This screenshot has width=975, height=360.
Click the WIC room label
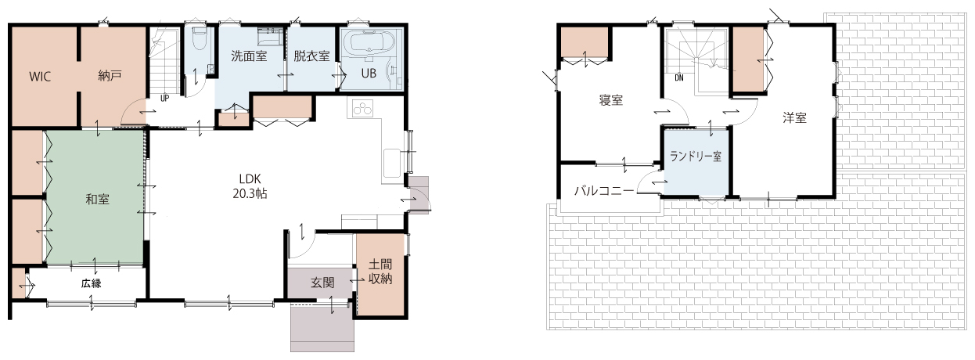(40, 77)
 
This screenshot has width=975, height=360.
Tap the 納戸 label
(110, 76)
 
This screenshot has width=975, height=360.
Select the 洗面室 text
(249, 56)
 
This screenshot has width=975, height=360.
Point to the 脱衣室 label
(311, 56)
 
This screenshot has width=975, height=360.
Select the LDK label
(250, 178)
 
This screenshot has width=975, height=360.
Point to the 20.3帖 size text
(250, 194)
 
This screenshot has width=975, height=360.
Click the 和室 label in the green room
(98, 200)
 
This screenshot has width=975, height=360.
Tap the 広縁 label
(92, 284)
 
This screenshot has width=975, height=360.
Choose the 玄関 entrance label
(322, 283)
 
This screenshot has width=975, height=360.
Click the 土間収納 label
(380, 272)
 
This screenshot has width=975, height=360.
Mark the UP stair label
(164, 99)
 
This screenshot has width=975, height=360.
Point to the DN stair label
(679, 78)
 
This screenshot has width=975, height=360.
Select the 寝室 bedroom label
(611, 100)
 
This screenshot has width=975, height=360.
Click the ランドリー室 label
(696, 157)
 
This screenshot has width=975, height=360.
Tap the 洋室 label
(795, 118)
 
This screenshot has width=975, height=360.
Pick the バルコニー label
(604, 191)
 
